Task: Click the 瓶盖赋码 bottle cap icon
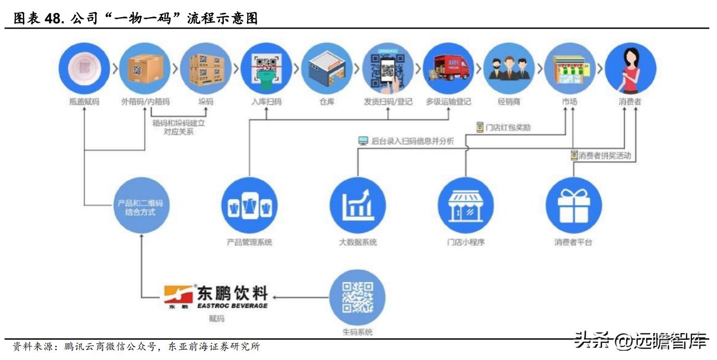pyautogui.click(x=84, y=68)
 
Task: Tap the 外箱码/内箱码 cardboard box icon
pyautogui.click(x=145, y=68)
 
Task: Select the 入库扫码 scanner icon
pyautogui.click(x=266, y=68)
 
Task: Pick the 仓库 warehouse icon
pyautogui.click(x=327, y=68)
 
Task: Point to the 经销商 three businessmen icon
pyautogui.click(x=509, y=68)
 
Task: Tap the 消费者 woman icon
pyautogui.click(x=630, y=68)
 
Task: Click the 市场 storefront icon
pyautogui.click(x=569, y=68)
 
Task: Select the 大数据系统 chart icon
pyautogui.click(x=358, y=204)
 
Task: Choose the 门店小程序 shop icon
pyautogui.click(x=466, y=204)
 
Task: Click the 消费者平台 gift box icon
pyautogui.click(x=573, y=204)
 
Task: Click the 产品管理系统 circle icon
pyautogui.click(x=249, y=204)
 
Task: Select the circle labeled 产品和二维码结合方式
pyautogui.click(x=140, y=207)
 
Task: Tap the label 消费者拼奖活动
pyautogui.click(x=604, y=155)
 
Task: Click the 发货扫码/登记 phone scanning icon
pyautogui.click(x=387, y=68)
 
